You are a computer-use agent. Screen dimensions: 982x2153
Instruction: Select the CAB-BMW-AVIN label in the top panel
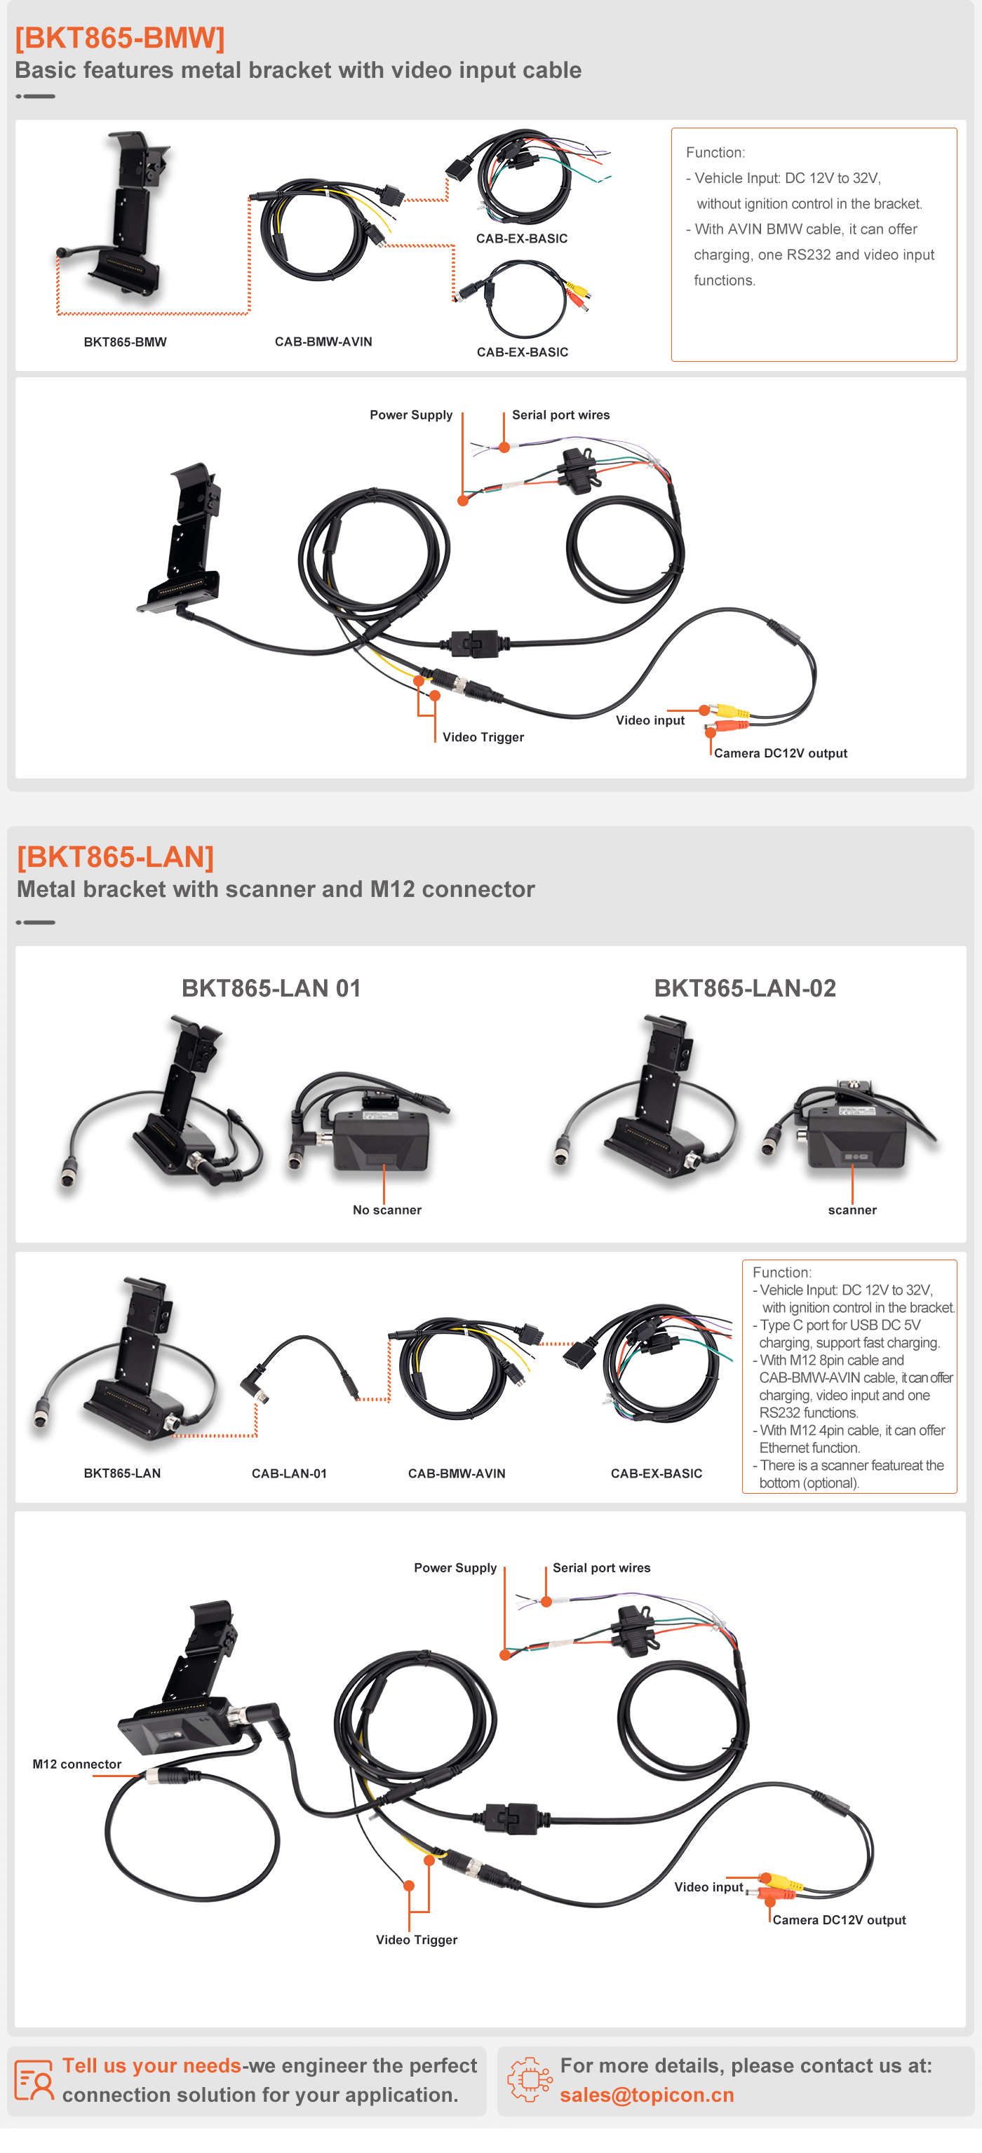pyautogui.click(x=323, y=341)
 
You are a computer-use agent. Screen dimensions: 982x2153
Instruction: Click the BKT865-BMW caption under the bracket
pyautogui.click(x=126, y=342)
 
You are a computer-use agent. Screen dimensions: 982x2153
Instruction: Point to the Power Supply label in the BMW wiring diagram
pyautogui.click(x=411, y=414)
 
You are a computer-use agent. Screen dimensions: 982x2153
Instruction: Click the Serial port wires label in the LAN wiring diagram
pyautogui.click(x=601, y=1568)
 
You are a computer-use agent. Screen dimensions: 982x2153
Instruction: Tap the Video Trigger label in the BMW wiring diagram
pyautogui.click(x=483, y=737)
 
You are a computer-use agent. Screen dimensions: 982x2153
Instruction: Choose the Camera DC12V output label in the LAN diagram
pyautogui.click(x=839, y=1919)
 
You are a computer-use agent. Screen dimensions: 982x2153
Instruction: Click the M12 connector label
pyautogui.click(x=77, y=1764)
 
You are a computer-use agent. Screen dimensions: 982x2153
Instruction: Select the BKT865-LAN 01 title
pyautogui.click(x=271, y=988)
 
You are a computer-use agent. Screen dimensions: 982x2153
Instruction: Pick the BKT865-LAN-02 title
pyautogui.click(x=745, y=988)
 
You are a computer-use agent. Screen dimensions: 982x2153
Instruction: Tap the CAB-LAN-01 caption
pyautogui.click(x=289, y=1473)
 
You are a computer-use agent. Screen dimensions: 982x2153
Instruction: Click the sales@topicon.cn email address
pyautogui.click(x=647, y=2095)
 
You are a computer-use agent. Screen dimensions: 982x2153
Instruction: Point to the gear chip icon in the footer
pyautogui.click(x=530, y=2079)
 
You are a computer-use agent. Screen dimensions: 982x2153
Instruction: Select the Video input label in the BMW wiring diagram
pyautogui.click(x=650, y=720)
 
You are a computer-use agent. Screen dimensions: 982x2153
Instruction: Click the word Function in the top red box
pyautogui.click(x=714, y=153)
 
